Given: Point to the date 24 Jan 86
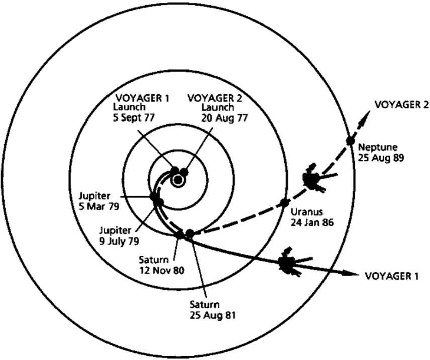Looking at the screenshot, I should click(312, 221).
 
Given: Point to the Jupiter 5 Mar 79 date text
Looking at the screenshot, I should click(98, 204).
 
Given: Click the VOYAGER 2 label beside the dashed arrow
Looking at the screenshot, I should click(401, 104).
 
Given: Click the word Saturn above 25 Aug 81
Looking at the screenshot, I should click(204, 305).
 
